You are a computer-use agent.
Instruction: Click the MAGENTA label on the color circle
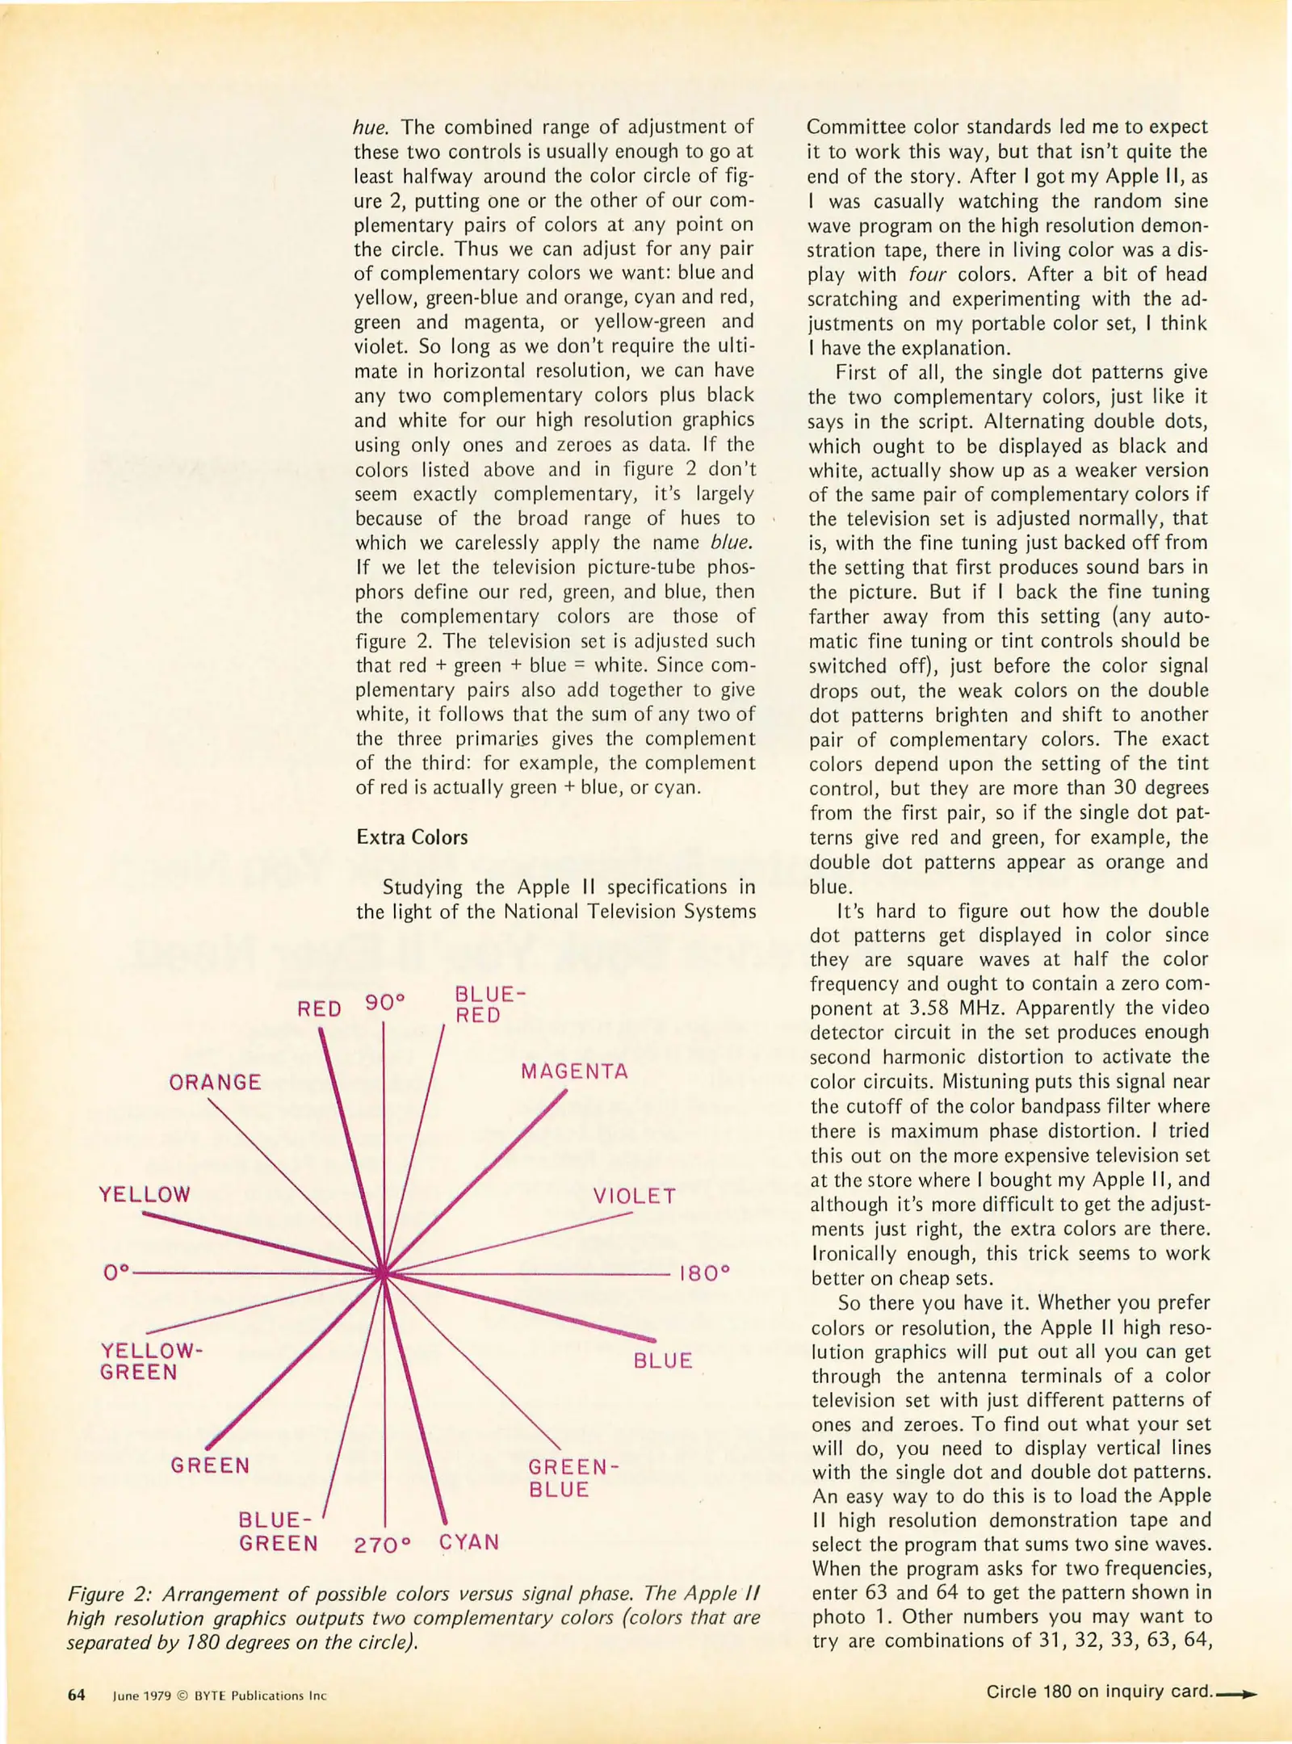coord(574,1071)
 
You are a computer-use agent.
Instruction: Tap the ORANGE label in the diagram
coord(215,1083)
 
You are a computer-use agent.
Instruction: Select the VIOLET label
coord(634,1196)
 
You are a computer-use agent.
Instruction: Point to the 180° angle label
coord(704,1273)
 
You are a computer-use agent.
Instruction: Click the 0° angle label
coord(116,1272)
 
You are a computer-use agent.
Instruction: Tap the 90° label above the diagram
coord(384,1003)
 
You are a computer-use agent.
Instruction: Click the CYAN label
coord(469,1541)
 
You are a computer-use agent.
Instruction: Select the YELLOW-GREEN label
coord(150,1361)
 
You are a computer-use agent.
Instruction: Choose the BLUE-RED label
coord(489,1004)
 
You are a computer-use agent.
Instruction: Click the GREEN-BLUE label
coord(573,1478)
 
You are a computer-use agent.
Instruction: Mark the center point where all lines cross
coord(384,1273)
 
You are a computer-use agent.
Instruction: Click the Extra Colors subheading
coord(412,837)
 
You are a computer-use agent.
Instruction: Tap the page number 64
coord(76,1695)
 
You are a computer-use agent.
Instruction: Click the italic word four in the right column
coord(926,275)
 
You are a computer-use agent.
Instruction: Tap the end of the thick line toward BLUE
coord(652,1339)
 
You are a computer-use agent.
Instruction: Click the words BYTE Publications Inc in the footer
coord(260,1696)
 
